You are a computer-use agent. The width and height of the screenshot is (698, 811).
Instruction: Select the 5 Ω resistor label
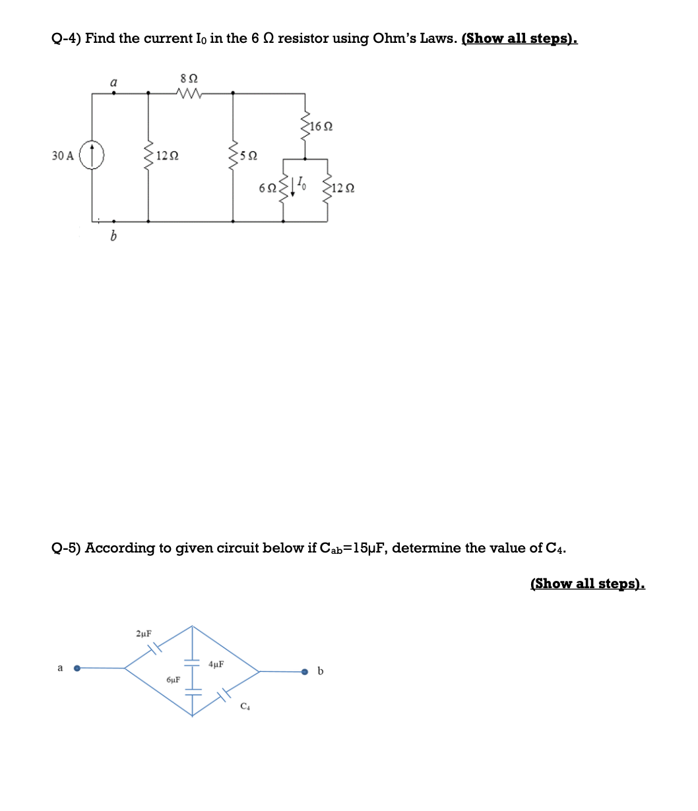[249, 156]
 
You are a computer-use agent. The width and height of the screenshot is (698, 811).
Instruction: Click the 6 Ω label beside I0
[267, 188]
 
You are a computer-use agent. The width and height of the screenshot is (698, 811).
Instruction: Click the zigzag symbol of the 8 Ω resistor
[189, 92]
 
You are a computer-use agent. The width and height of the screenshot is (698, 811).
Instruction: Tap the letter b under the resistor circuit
[113, 235]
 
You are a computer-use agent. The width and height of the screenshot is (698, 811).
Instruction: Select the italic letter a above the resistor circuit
[113, 82]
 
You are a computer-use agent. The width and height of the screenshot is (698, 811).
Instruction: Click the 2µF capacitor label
[143, 634]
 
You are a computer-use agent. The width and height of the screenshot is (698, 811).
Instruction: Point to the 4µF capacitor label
[216, 664]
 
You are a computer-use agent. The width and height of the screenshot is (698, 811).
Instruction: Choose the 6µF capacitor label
[174, 679]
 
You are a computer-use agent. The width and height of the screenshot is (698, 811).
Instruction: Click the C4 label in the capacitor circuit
[245, 706]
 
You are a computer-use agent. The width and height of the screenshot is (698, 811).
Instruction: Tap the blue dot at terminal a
[77, 668]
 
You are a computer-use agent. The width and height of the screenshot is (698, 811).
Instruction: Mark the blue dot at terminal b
[304, 672]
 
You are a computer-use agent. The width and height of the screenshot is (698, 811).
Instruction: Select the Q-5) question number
[66, 548]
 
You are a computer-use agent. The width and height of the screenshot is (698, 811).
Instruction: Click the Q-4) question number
[66, 38]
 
